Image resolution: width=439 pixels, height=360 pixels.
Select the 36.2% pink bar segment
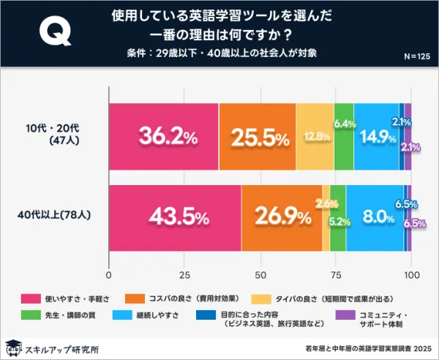point(163,137)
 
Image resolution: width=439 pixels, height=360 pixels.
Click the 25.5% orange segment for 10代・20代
point(257,137)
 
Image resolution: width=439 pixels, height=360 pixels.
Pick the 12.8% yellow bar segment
point(314,137)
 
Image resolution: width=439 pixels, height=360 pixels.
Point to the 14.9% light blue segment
point(376,137)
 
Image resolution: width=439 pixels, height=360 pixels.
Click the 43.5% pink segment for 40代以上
point(175,217)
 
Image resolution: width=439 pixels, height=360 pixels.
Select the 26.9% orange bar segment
point(282,217)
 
